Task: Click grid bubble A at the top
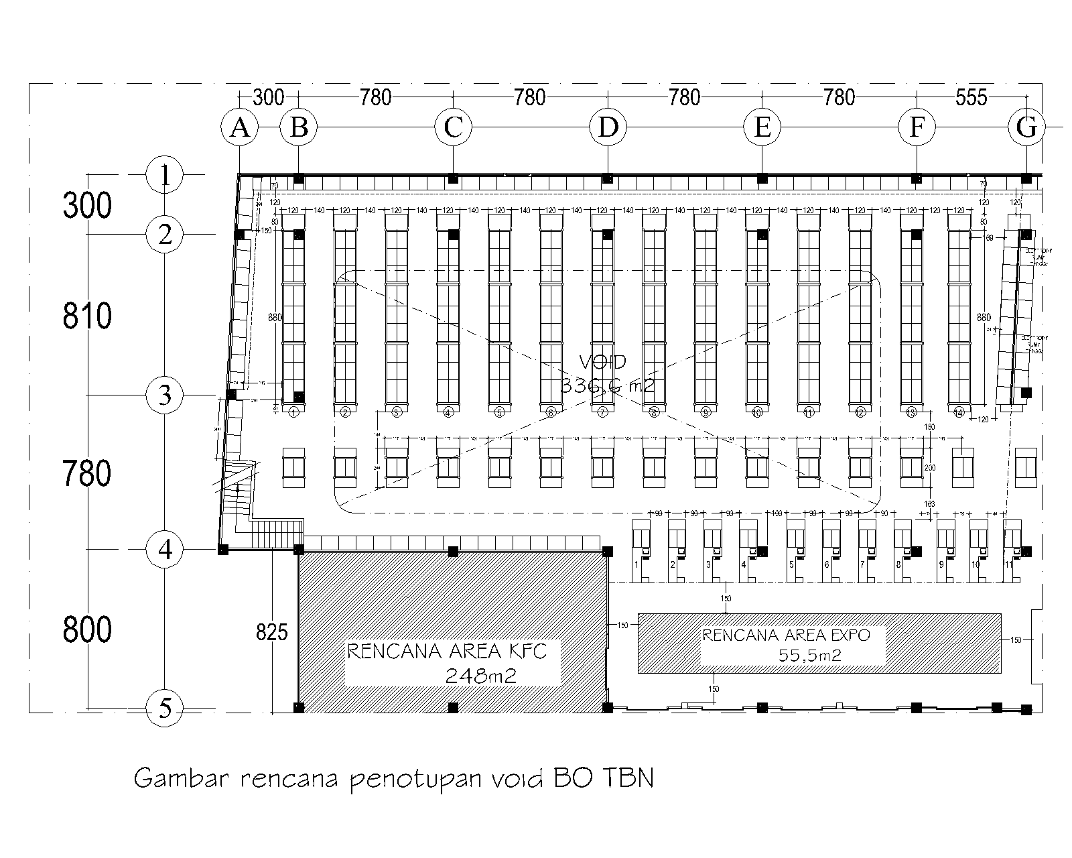point(240,127)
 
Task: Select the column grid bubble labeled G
point(1026,127)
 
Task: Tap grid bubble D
point(608,127)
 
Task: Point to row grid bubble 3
point(165,395)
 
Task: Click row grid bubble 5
point(165,708)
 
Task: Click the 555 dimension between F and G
point(972,98)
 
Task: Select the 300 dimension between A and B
point(269,98)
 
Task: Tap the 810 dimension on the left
point(87,316)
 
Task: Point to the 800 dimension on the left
point(87,629)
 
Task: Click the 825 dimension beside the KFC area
point(271,632)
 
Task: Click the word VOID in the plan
point(602,363)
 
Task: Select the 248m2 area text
point(480,676)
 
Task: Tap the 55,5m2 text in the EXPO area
point(810,655)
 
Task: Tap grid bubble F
point(917,127)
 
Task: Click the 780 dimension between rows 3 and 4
point(87,473)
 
